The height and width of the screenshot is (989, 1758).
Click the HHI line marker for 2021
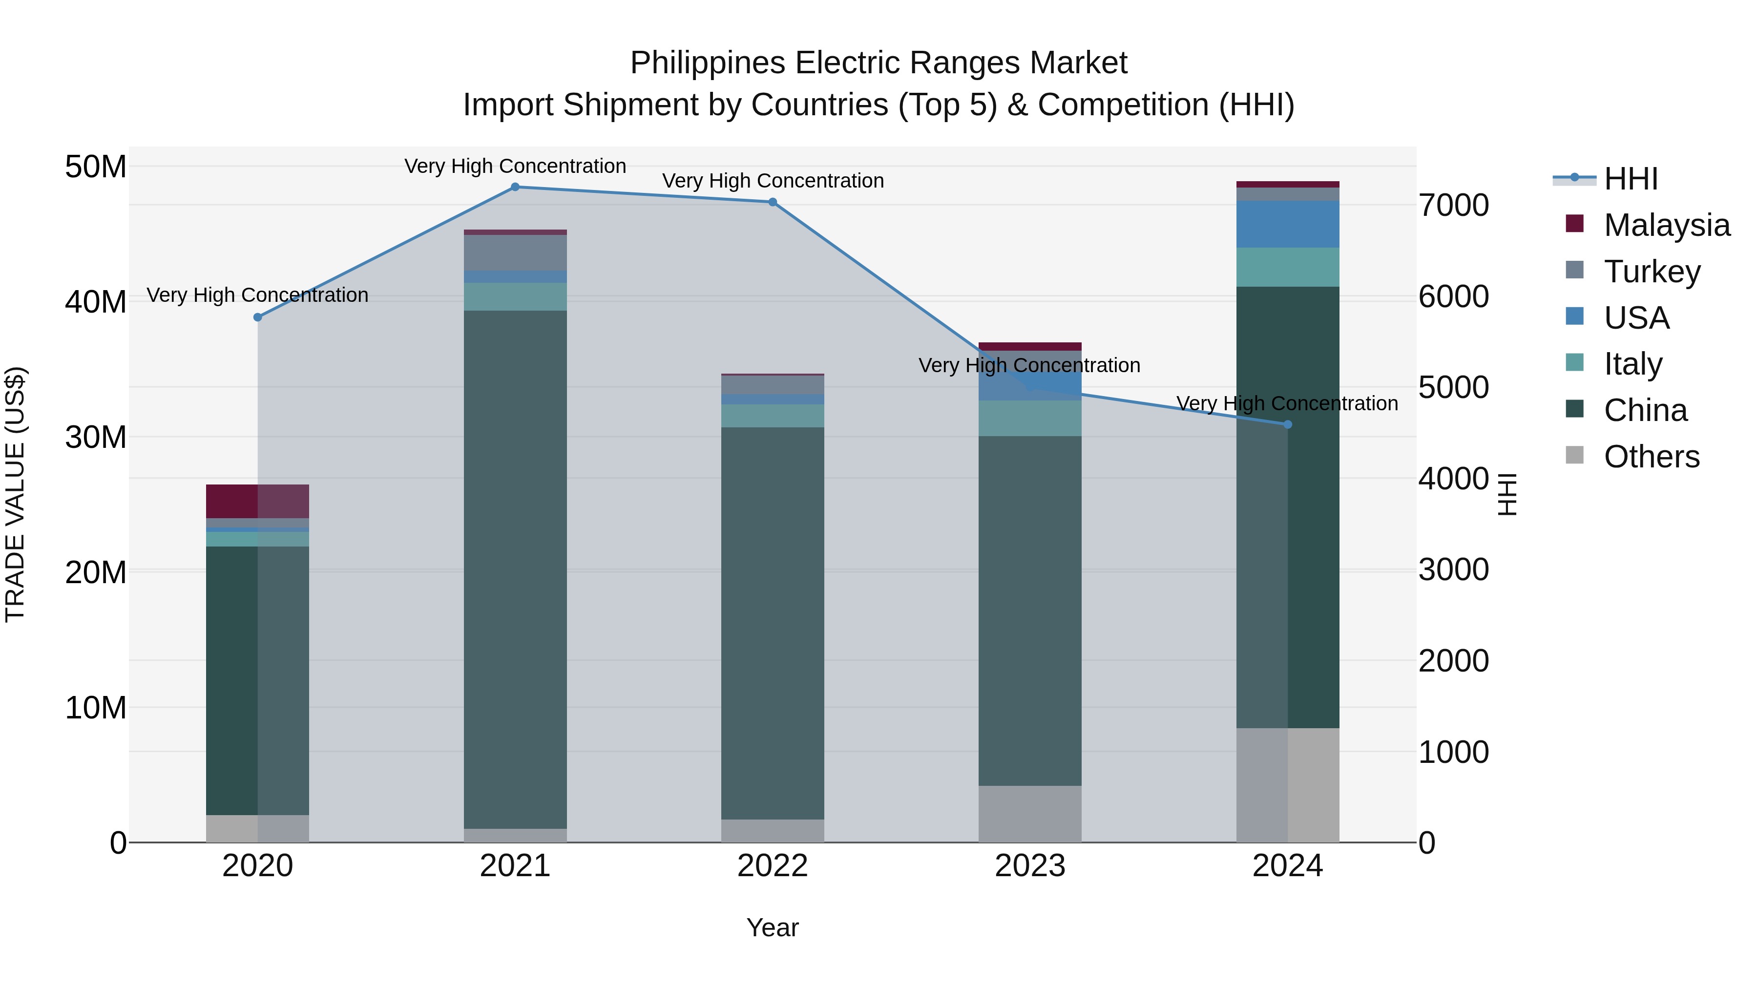[x=515, y=187]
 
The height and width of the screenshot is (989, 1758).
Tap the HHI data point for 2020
[x=258, y=317]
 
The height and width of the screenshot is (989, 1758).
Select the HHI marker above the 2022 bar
[x=773, y=202]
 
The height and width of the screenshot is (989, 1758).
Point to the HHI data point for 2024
[x=1288, y=424]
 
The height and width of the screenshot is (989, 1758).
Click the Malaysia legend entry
[x=1666, y=225]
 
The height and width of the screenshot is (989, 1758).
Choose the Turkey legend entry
[x=1651, y=272]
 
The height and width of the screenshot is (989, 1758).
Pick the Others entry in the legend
[x=1651, y=457]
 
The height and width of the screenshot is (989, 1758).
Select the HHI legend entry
[x=1630, y=179]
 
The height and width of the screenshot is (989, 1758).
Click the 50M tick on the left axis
[x=96, y=167]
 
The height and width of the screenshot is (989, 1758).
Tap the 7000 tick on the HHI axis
[x=1453, y=206]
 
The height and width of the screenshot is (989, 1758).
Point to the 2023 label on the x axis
[x=1030, y=866]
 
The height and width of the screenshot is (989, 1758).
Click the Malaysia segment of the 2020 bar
[x=257, y=501]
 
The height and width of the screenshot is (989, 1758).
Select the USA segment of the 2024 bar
[x=1288, y=224]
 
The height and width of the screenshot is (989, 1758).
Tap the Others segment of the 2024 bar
[x=1288, y=785]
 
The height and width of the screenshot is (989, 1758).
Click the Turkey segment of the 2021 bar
[x=515, y=253]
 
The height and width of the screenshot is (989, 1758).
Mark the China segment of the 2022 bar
[x=773, y=623]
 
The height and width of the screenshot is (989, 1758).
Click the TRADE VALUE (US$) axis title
[x=15, y=494]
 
